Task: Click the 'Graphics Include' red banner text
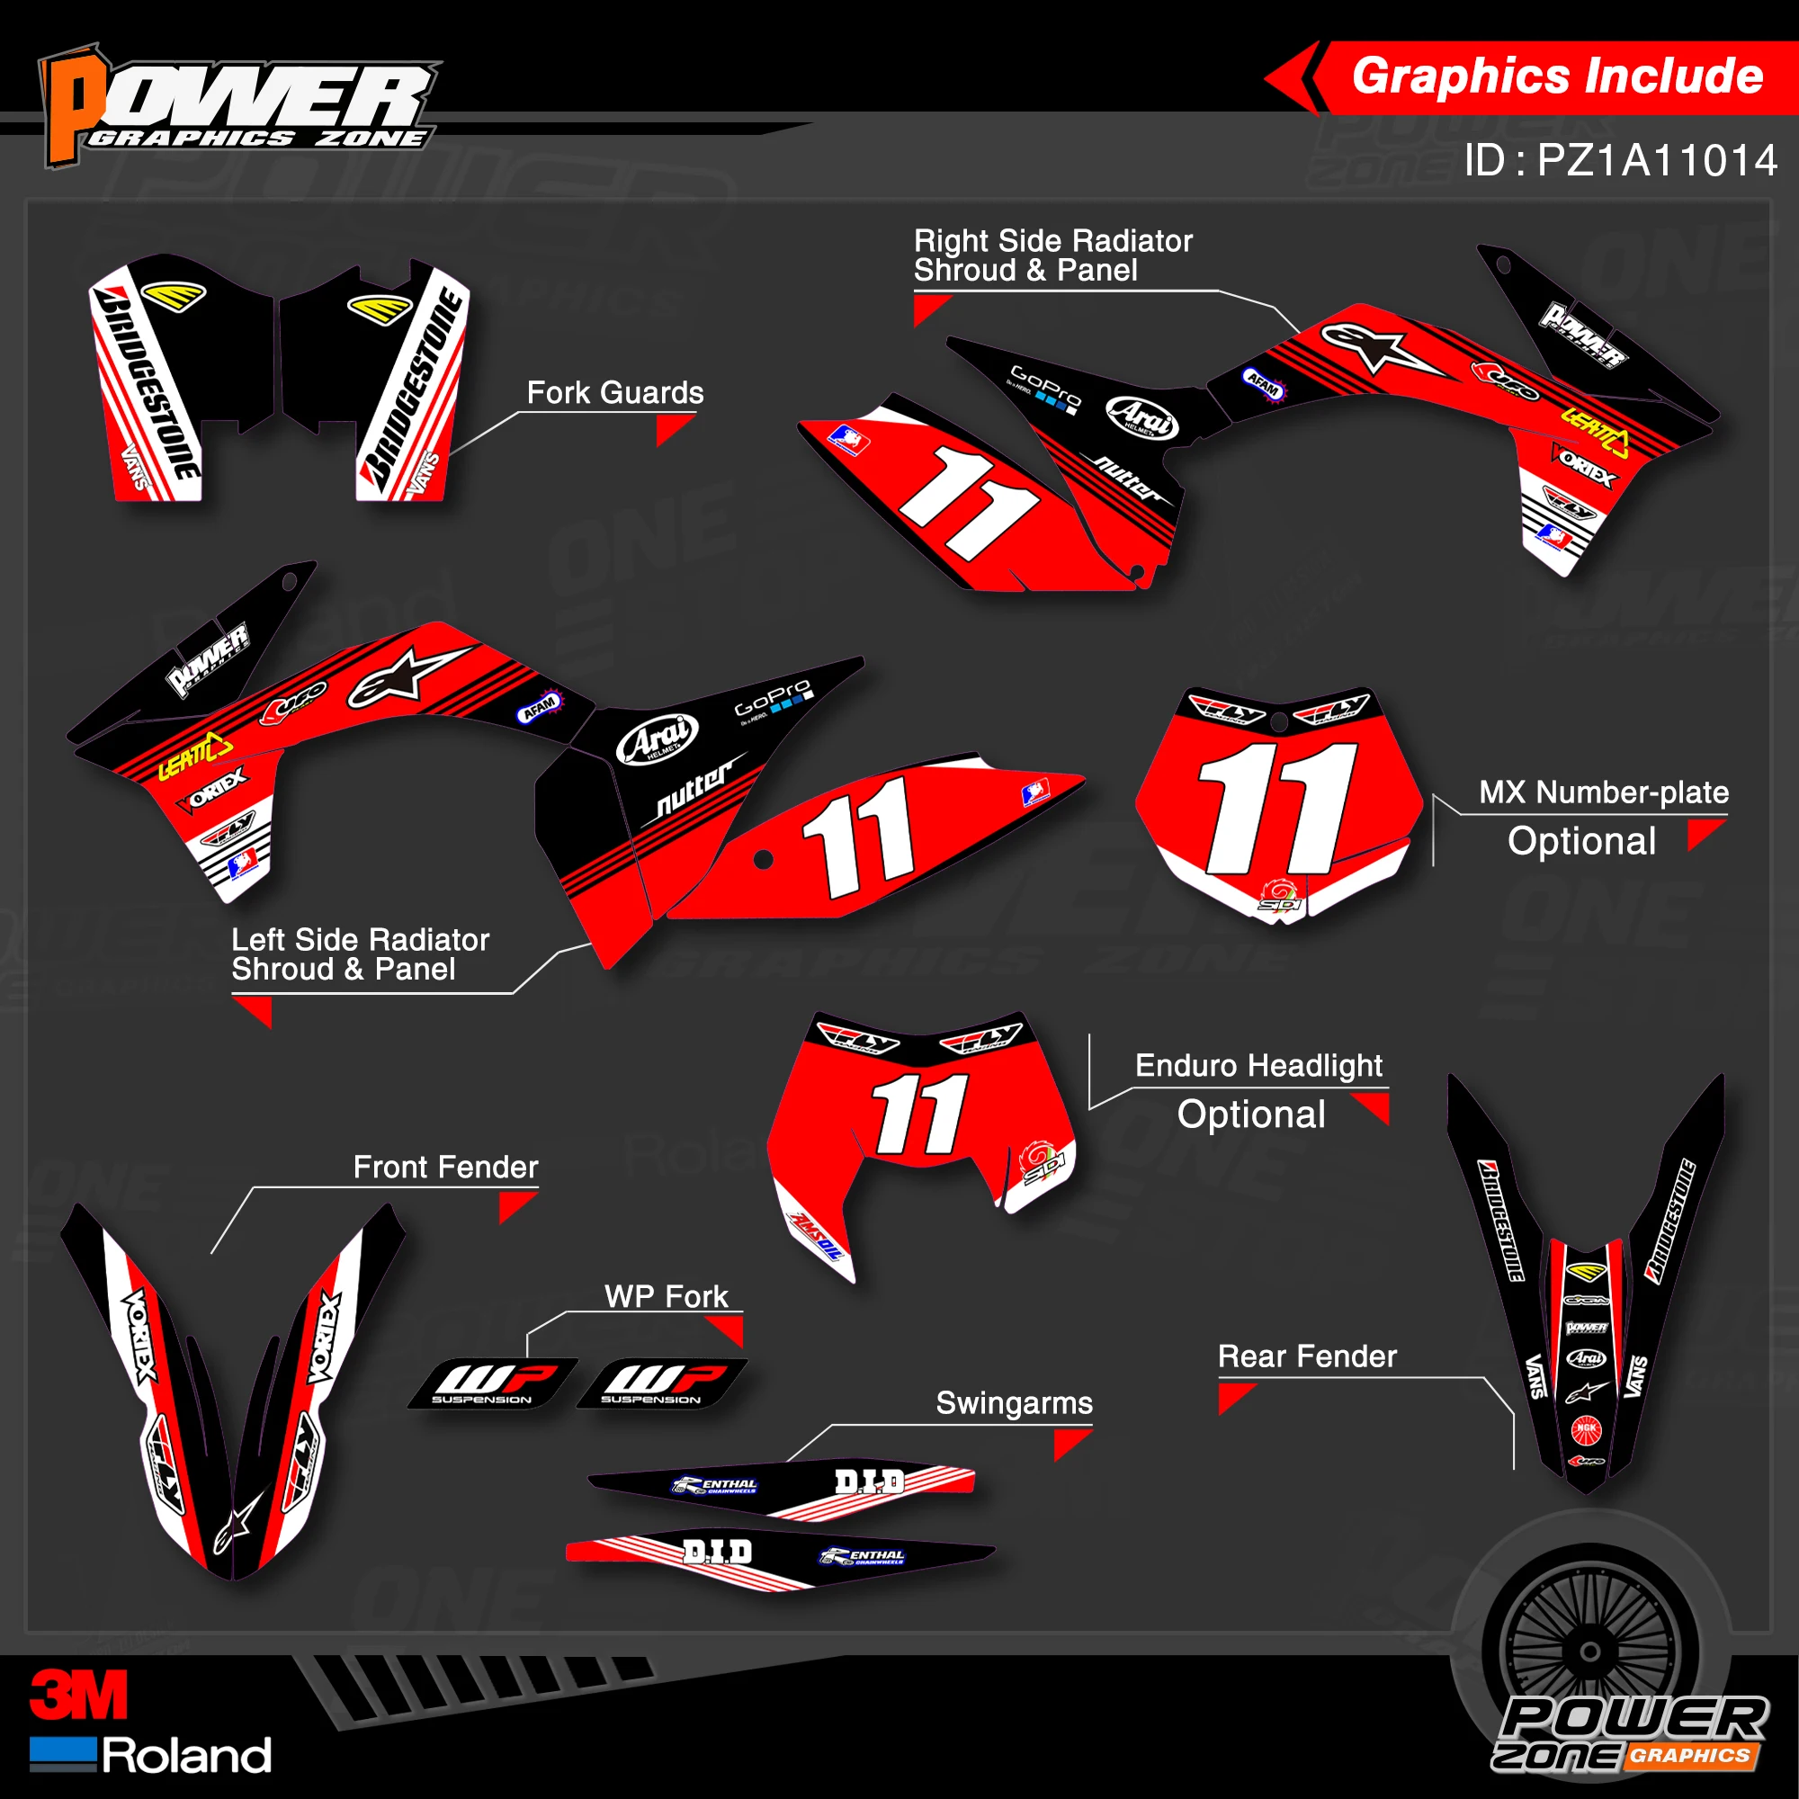[1557, 76]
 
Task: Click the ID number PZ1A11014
[1620, 161]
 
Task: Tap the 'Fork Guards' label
[614, 393]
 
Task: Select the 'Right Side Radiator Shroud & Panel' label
[1052, 255]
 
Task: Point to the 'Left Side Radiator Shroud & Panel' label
[360, 954]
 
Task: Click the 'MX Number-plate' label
[1604, 792]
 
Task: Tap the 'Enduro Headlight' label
[1258, 1065]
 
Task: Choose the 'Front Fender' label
[445, 1167]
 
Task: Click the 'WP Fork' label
[666, 1296]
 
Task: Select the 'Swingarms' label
[1014, 1402]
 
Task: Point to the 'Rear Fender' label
[1307, 1356]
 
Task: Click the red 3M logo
[78, 1695]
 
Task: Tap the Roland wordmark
[186, 1755]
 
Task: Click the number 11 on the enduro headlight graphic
[920, 1114]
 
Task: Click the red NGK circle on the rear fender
[1586, 1428]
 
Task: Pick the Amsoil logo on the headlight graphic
[817, 1236]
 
